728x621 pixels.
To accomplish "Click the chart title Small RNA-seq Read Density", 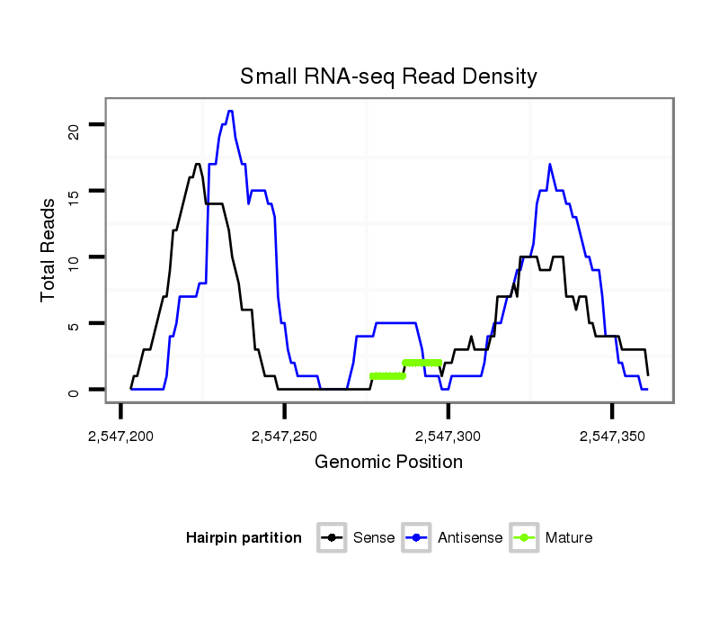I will coord(388,76).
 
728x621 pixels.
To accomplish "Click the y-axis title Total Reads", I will coord(49,249).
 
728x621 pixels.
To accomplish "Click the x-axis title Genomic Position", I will coord(388,463).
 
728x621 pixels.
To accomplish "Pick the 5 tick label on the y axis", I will coord(75,324).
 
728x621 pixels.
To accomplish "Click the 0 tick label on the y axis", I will coord(75,391).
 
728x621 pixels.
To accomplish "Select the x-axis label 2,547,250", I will coord(284,436).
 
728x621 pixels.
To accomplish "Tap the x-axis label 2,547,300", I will coord(448,436).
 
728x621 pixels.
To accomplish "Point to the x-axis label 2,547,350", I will coord(612,436).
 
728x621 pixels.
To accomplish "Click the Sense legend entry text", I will coord(374,538).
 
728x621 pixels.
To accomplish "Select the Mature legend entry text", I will coord(569,538).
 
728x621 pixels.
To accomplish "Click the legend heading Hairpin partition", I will coord(244,538).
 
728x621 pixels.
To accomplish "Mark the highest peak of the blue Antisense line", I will coord(230,112).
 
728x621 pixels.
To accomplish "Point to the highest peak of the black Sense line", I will coord(198,165).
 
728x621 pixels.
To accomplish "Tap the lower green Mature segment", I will coord(387,376).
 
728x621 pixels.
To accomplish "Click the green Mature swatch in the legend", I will coord(526,538).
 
